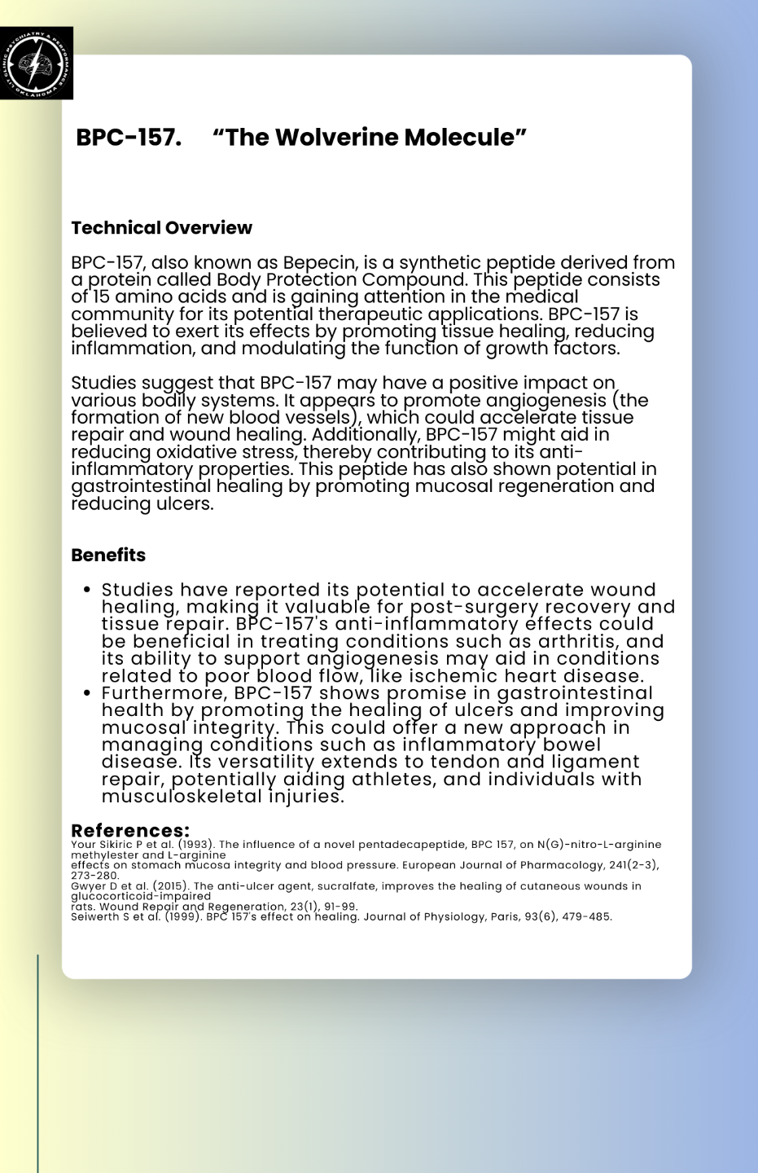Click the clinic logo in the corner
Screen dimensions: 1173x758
[37, 63]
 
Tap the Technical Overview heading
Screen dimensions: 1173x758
[161, 228]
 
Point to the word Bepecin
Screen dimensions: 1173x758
[319, 263]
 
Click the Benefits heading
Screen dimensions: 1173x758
[108, 556]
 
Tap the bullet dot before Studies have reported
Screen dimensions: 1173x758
[86, 590]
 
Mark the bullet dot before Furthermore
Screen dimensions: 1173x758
[86, 693]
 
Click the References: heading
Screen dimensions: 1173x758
[130, 831]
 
